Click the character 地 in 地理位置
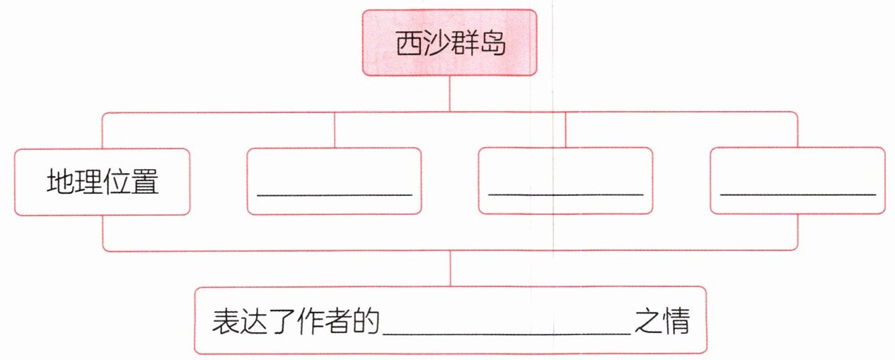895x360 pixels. coord(59,182)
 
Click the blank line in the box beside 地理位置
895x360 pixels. coord(334,193)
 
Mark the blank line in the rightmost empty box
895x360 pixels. coord(797,193)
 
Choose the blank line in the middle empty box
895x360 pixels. coord(565,193)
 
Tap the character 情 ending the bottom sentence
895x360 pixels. coord(675,322)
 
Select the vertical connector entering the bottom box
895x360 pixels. coord(450,268)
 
